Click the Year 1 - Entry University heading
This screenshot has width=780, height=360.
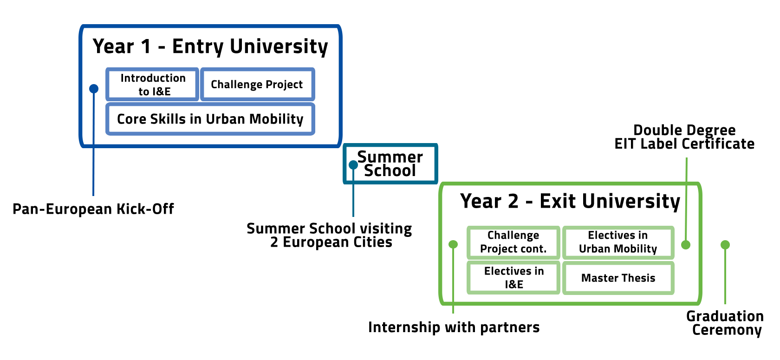click(210, 46)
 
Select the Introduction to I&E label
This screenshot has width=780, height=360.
click(153, 85)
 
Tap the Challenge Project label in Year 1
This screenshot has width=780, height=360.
click(256, 85)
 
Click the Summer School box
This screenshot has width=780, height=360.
click(390, 164)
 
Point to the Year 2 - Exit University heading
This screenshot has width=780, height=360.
click(570, 201)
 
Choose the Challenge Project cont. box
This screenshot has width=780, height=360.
click(513, 242)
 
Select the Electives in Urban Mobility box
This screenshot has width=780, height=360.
click(618, 242)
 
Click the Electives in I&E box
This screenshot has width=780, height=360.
click(513, 278)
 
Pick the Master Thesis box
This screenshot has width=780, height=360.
click(618, 278)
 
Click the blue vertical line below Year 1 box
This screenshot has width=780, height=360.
click(93, 172)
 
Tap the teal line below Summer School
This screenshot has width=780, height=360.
click(353, 200)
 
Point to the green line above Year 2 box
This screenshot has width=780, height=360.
click(686, 170)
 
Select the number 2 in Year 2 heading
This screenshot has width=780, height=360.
click(513, 201)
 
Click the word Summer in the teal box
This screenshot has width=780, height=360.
click(390, 157)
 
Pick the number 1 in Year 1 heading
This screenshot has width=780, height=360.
click(146, 46)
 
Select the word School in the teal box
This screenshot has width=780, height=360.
click(390, 170)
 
